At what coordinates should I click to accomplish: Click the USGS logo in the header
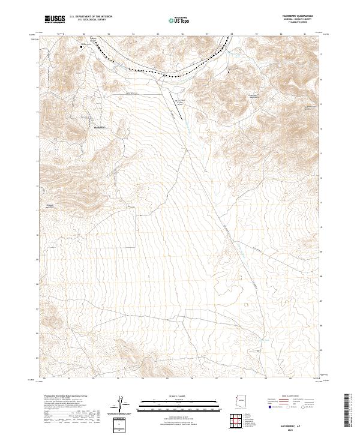56,19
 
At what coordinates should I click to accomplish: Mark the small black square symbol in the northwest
82,46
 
